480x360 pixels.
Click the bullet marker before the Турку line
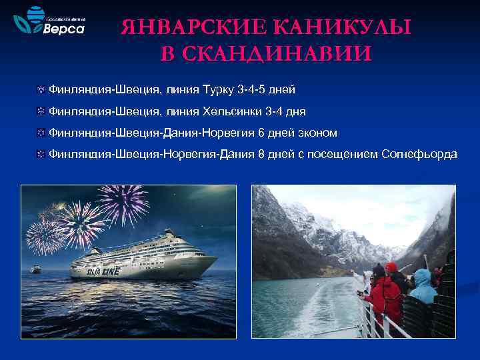(x=41, y=89)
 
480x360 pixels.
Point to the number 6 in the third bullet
(x=261, y=133)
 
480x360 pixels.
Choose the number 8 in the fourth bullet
(x=261, y=155)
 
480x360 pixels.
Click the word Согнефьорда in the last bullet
(x=419, y=155)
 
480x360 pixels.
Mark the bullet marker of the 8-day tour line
(x=41, y=155)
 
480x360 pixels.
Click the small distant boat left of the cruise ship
(x=37, y=269)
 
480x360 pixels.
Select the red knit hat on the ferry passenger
(x=391, y=267)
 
